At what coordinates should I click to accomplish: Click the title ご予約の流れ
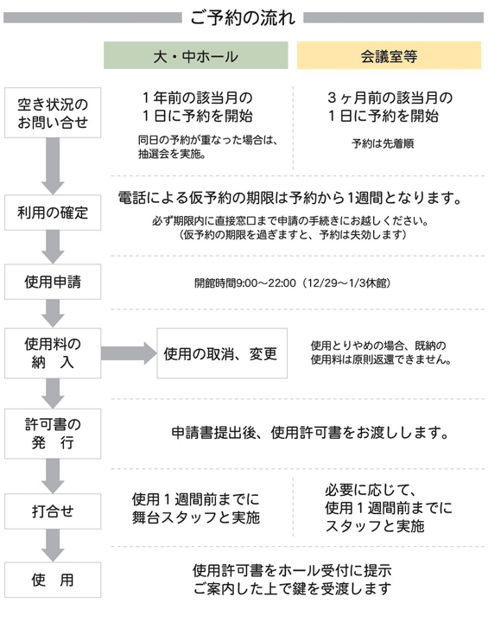coord(243,18)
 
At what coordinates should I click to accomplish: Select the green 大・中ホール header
coord(195,55)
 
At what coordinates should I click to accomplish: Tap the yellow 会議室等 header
coord(389,55)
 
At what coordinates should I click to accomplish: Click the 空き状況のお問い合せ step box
coord(53,113)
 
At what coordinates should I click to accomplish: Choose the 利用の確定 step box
coord(53,213)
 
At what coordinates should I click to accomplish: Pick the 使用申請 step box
coord(53,282)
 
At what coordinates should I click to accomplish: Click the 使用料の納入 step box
coord(53,353)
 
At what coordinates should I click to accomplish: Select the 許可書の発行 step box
coord(53,434)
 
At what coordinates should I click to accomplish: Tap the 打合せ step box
coord(53,511)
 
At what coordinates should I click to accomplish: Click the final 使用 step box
coord(53,580)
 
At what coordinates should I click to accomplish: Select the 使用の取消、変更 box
coord(222,353)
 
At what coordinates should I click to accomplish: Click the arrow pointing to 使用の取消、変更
coord(129,353)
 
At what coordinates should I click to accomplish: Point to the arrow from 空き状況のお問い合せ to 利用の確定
coord(53,166)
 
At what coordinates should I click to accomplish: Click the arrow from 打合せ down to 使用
coord(53,545)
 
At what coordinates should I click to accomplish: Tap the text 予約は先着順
coord(383,143)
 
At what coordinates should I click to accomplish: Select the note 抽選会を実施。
coord(172,154)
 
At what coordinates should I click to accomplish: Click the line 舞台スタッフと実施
coord(196,517)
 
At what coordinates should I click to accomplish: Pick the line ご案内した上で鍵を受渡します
coord(293,588)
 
